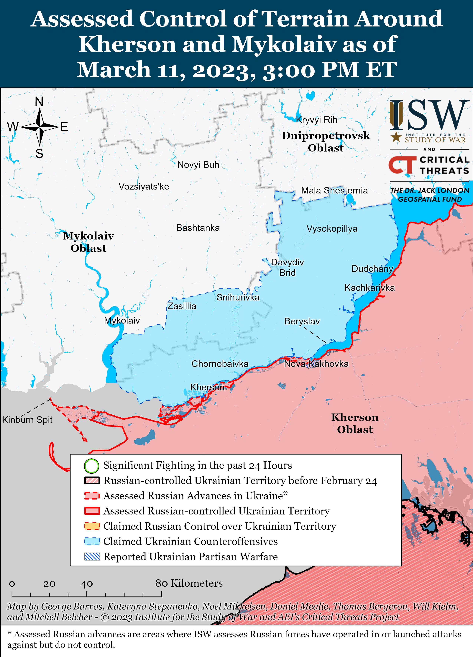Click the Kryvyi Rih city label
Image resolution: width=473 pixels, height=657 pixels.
pos(316,120)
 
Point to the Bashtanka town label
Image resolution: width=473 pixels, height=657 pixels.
pos(198,228)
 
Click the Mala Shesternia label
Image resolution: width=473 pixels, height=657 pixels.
pos(334,190)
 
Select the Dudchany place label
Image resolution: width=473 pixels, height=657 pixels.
pos(372,269)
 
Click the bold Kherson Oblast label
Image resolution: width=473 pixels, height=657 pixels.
pos(355,423)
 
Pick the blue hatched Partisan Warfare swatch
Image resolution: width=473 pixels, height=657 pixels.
pos(92,556)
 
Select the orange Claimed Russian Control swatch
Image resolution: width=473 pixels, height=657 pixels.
pos(92,526)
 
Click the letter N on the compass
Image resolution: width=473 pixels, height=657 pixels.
pos(39,101)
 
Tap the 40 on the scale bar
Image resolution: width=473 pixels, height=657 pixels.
pos(87,584)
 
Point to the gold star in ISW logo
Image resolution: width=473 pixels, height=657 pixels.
pos(396,137)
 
